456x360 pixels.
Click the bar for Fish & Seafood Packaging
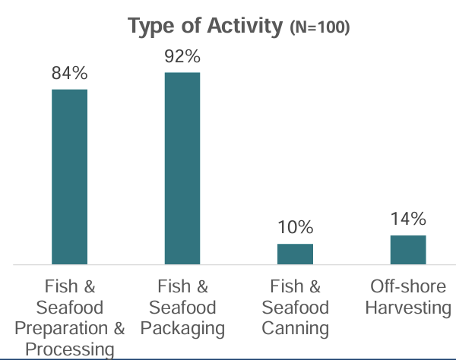point(182,168)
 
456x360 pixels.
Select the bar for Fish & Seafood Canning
point(295,254)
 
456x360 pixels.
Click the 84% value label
point(69,74)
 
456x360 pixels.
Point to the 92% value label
point(182,56)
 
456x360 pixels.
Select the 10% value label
point(295,227)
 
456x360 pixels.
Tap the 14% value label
point(408,219)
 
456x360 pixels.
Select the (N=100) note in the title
point(319,28)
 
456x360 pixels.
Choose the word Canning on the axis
point(296,328)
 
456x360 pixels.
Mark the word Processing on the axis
point(70,349)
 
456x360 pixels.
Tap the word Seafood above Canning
point(296,308)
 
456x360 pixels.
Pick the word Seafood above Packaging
point(182,308)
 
